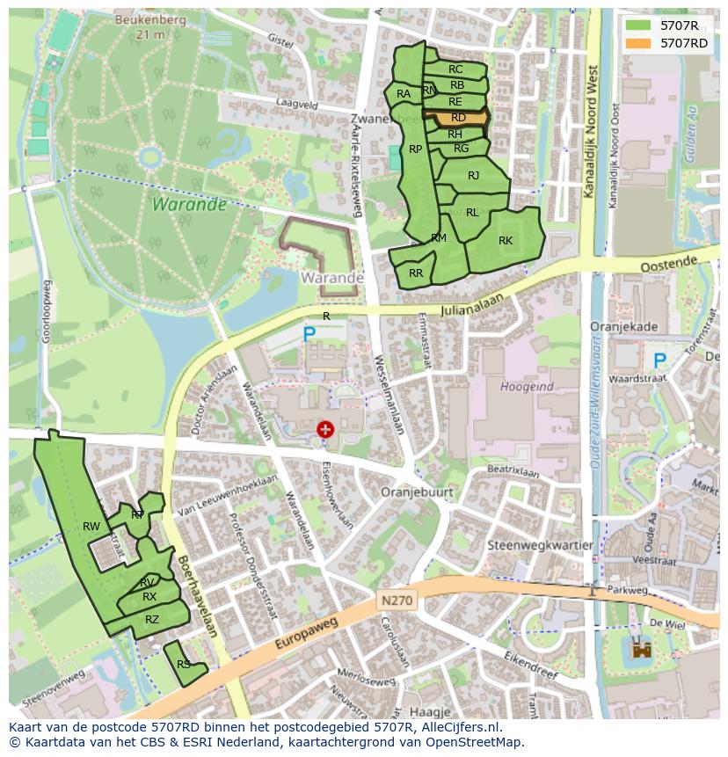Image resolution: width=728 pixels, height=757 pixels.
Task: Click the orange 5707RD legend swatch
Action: pyautogui.click(x=638, y=43)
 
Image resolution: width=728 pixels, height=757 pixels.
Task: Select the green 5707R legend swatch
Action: pyautogui.click(x=638, y=25)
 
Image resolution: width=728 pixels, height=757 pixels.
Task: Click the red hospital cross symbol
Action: pyautogui.click(x=325, y=429)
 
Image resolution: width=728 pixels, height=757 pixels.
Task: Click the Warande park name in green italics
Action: pyautogui.click(x=188, y=204)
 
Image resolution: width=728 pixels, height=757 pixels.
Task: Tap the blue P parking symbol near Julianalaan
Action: pyautogui.click(x=309, y=334)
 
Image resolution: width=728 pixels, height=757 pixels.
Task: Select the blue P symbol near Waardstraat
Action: pyautogui.click(x=659, y=360)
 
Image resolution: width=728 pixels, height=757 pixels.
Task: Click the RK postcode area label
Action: pyautogui.click(x=506, y=241)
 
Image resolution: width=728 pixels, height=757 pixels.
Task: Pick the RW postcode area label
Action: pyautogui.click(x=91, y=527)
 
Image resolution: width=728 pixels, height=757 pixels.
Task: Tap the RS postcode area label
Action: pyautogui.click(x=183, y=665)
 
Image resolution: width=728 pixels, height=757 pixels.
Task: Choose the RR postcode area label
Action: pyautogui.click(x=416, y=273)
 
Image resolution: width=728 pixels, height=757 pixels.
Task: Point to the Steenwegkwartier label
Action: pyautogui.click(x=541, y=544)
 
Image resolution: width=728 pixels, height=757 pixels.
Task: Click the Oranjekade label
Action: pyautogui.click(x=624, y=326)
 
